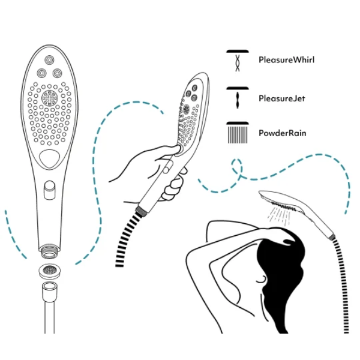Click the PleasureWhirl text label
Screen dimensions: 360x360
tap(286, 60)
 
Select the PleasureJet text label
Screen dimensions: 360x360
tap(282, 99)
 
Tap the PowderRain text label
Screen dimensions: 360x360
tap(283, 133)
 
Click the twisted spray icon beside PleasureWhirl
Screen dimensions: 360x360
tap(238, 61)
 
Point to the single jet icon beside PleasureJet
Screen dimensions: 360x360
tap(238, 97)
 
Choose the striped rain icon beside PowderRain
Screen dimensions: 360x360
tap(238, 133)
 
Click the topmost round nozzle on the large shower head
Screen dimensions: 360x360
tap(49, 61)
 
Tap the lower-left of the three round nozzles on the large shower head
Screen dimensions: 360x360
tap(41, 73)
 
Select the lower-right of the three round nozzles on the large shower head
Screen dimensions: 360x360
tap(57, 73)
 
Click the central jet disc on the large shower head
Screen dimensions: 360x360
tap(49, 98)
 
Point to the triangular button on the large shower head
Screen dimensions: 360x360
tap(49, 158)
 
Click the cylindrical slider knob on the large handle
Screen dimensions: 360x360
tap(49, 190)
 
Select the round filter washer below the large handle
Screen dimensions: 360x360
tap(49, 271)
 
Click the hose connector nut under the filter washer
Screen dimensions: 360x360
tap(49, 292)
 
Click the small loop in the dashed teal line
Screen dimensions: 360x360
tap(237, 167)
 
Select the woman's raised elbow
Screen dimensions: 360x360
tap(191, 255)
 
